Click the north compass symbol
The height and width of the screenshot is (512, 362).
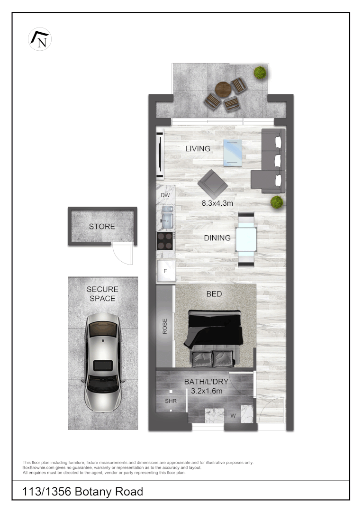40,39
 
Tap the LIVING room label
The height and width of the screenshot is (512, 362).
198,149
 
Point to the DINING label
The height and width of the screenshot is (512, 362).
217,238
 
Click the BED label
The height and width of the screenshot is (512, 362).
214,294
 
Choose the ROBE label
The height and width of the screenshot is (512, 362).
165,327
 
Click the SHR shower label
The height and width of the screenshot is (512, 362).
171,401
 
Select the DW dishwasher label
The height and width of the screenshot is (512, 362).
165,195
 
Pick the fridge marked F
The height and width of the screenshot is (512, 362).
166,271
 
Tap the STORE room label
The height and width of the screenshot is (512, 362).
102,227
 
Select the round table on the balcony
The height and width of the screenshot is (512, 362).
223,89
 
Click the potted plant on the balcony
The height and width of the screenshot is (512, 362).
260,73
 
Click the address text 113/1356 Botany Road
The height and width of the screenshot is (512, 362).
83,492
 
